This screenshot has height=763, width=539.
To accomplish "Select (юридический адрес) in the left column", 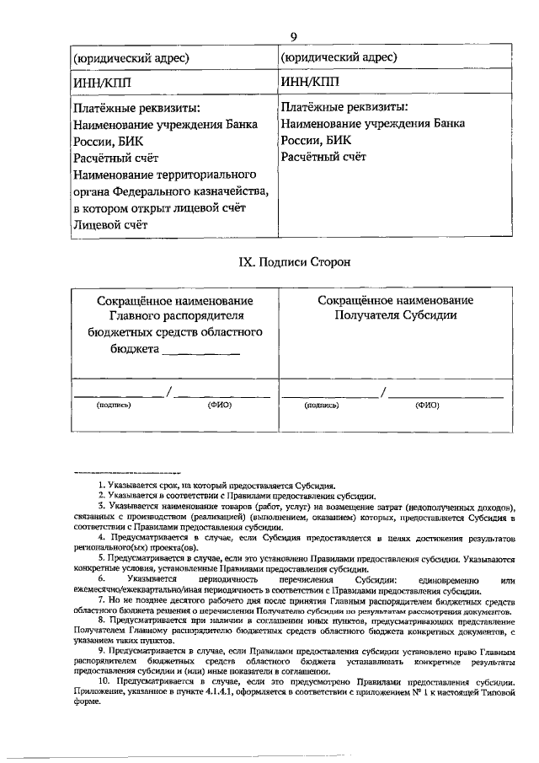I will point(131,57).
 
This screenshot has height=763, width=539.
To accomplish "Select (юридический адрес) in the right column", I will point(339,57).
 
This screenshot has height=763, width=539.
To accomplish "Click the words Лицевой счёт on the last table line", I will point(110,225).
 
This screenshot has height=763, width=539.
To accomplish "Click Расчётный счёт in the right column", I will point(324,157).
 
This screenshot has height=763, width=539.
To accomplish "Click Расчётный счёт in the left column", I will point(116,158).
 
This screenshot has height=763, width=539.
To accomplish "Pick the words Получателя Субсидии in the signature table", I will point(395,316).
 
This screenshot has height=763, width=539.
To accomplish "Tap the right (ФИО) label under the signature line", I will point(427,405).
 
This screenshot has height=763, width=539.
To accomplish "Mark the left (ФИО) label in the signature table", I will point(220,405).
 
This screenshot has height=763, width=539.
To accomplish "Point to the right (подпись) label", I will point(322,405).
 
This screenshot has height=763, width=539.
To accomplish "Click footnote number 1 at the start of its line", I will point(101,486).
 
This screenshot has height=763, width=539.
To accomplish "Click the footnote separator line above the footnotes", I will point(127,473).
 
